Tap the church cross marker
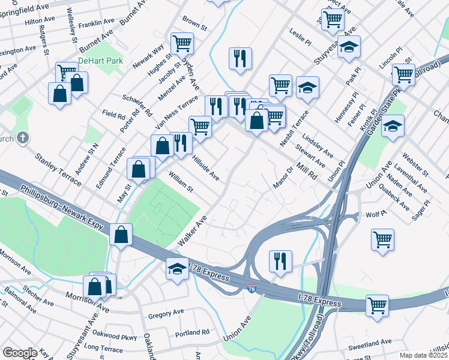coord(22,138)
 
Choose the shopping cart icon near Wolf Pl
coord(382,240)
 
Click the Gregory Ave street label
coord(166,313)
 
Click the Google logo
coord(20,353)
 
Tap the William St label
coord(180,182)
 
